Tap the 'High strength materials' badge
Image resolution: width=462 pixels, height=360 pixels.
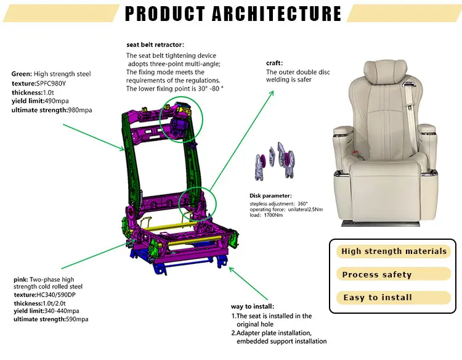point(394,251)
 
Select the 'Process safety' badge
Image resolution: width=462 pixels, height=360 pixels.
point(376,274)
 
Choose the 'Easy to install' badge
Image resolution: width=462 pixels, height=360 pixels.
point(377,297)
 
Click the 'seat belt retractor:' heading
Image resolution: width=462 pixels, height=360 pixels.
point(155,44)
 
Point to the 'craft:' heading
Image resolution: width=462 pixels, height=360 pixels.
point(274,63)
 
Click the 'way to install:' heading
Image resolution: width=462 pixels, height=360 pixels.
point(253,306)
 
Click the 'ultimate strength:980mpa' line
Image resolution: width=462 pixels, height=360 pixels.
point(51,110)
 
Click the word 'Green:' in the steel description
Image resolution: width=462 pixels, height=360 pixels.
point(23,74)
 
